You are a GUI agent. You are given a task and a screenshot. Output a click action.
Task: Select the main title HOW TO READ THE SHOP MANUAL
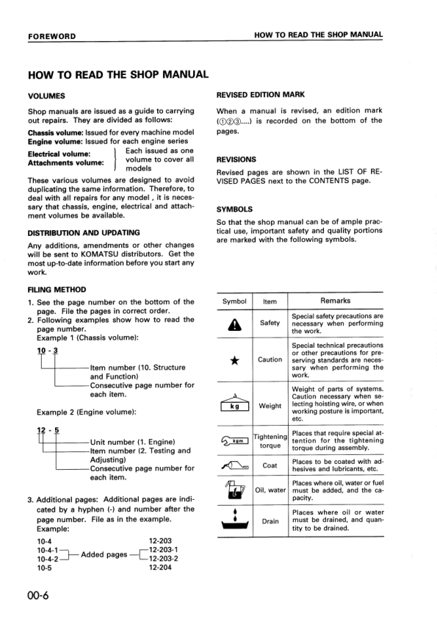coord(118,74)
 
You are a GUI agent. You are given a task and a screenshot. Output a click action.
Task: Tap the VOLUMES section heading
coord(46,96)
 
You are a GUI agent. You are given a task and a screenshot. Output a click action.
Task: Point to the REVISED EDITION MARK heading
coord(261,95)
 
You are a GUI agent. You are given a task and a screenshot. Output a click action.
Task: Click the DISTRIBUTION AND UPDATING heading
coord(83,232)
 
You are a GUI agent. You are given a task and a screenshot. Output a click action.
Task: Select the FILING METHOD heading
coord(57,290)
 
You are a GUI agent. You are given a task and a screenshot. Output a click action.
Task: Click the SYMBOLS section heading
coord(236,208)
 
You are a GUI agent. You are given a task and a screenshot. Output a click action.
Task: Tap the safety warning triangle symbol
coord(234,323)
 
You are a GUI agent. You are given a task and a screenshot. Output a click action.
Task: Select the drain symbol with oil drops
coord(234,521)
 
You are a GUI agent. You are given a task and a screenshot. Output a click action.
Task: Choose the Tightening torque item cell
coord(270,441)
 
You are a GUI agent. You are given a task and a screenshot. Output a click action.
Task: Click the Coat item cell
coord(270,465)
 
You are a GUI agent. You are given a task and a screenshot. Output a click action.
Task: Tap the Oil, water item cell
coord(270,490)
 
